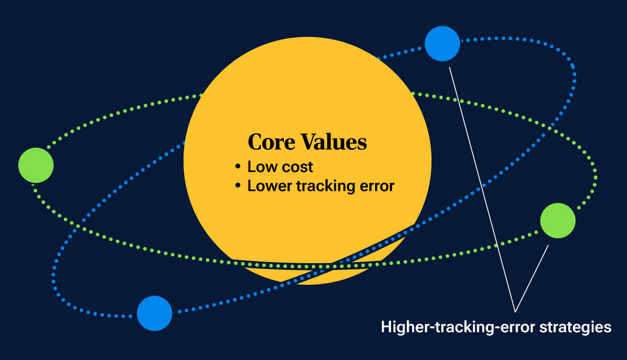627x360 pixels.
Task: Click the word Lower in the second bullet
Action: (x=267, y=186)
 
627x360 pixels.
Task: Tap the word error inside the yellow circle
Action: (x=378, y=186)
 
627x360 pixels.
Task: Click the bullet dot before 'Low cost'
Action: (x=238, y=167)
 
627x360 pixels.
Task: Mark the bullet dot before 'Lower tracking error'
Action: (x=238, y=186)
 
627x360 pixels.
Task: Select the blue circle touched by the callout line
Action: (x=442, y=44)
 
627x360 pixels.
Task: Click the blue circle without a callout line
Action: (x=154, y=313)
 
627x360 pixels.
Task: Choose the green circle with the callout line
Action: (x=557, y=220)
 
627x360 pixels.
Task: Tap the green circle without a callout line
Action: (x=36, y=165)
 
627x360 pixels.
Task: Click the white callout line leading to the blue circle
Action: (x=482, y=188)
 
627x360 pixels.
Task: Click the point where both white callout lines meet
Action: (x=515, y=312)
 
